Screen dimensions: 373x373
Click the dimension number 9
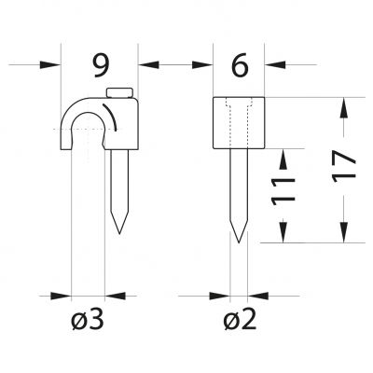pos(102,65)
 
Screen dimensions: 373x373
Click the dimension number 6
pos(240,65)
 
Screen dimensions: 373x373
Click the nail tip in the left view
pos(119,233)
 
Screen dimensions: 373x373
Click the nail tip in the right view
pos(239,242)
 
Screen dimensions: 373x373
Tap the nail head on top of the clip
pos(120,92)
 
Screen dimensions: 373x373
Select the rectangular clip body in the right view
pos(239,123)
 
